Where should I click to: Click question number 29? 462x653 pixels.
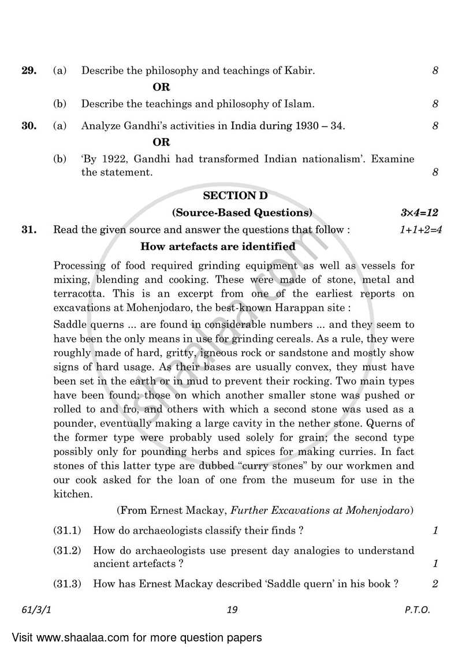[29, 71]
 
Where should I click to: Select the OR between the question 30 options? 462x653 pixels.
[161, 142]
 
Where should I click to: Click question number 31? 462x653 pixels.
[29, 230]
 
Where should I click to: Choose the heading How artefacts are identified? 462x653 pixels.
[218, 247]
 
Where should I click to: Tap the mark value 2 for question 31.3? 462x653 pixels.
[435, 584]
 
